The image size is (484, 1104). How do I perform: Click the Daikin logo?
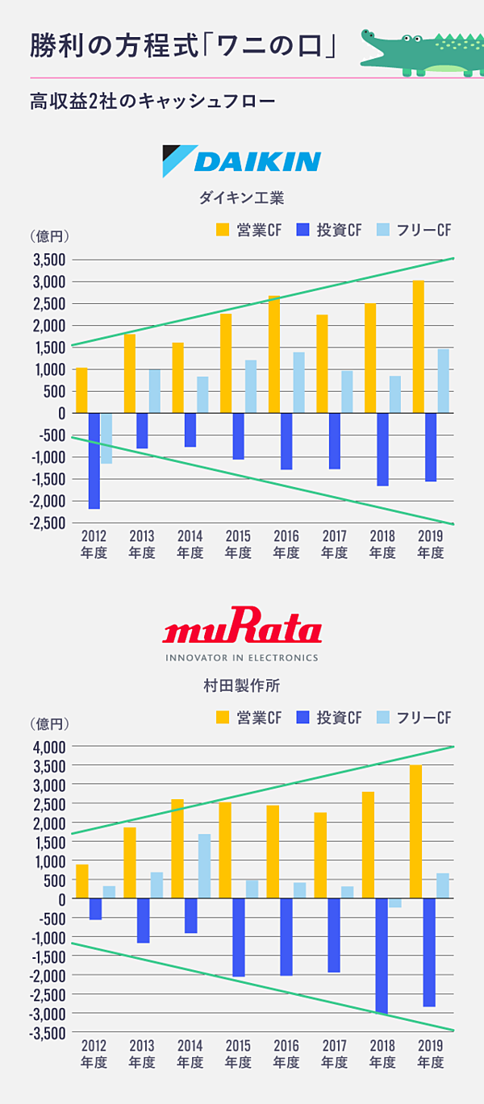(241, 160)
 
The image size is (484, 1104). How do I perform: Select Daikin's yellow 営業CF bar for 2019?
(418, 347)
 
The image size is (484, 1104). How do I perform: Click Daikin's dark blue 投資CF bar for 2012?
(94, 460)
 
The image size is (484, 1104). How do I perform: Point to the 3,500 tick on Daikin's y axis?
(48, 260)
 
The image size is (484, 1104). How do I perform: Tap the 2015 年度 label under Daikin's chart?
(238, 544)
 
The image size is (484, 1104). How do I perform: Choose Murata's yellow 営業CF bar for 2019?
(415, 831)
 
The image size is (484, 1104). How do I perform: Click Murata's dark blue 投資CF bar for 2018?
(382, 956)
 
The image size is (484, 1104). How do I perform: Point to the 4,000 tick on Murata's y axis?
(48, 747)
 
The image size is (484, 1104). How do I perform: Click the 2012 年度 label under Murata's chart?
(94, 1054)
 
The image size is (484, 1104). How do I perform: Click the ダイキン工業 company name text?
(242, 198)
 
